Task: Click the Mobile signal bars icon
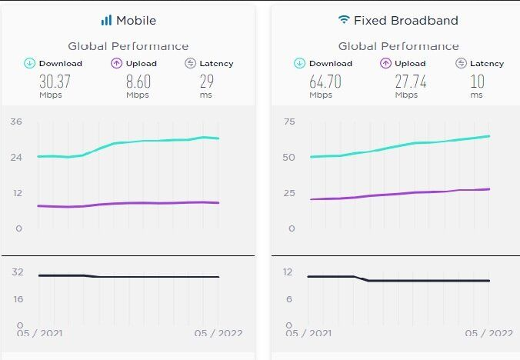click(106, 20)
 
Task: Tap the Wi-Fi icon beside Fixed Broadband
click(343, 20)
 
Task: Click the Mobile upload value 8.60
click(138, 82)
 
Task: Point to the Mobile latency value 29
click(206, 82)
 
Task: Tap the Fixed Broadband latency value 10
click(477, 82)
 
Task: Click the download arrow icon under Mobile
click(30, 63)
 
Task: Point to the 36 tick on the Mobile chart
click(15, 122)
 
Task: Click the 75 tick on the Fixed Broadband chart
click(289, 122)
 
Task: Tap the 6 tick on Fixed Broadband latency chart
click(289, 299)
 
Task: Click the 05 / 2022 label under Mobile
click(218, 333)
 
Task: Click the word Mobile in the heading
click(136, 20)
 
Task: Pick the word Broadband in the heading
click(431, 20)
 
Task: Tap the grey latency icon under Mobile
click(190, 63)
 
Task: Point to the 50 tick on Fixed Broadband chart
click(289, 157)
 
